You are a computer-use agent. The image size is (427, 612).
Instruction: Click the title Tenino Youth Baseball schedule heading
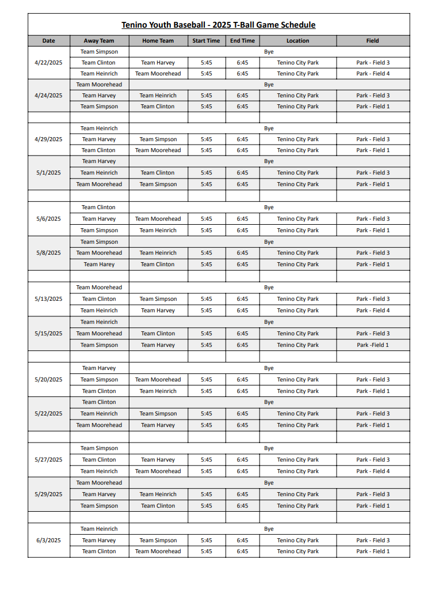coord(218,25)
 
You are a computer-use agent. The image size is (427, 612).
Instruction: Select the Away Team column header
coord(99,41)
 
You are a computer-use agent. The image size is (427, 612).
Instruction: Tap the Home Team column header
coord(158,41)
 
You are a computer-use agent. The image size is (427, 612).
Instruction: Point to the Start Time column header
coord(206,41)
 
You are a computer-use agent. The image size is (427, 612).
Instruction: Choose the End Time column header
coord(242,41)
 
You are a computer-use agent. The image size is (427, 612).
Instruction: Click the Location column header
coord(298,41)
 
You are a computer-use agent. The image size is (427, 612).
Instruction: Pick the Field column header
coord(372,41)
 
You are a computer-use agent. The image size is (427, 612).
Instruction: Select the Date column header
coord(49,41)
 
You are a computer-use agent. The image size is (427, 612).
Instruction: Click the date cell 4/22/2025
coord(49,63)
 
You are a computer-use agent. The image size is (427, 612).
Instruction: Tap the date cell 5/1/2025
coord(49,173)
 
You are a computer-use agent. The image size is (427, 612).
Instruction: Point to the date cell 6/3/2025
coord(49,541)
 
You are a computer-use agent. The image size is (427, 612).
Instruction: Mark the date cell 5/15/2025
coord(49,334)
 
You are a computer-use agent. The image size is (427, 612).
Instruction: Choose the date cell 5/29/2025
coord(49,494)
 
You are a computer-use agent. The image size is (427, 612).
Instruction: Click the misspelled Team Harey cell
coord(99,265)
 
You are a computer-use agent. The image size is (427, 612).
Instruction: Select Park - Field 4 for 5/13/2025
coord(372,311)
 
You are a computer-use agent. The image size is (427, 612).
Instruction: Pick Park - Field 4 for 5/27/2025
coord(372,471)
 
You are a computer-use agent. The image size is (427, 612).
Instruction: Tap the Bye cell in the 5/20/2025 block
coord(269,368)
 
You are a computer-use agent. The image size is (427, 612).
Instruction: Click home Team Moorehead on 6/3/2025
coord(158,551)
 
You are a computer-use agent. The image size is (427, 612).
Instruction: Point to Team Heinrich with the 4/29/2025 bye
coord(99,129)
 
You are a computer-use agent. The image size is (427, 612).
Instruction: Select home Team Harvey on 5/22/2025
coord(158,425)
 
